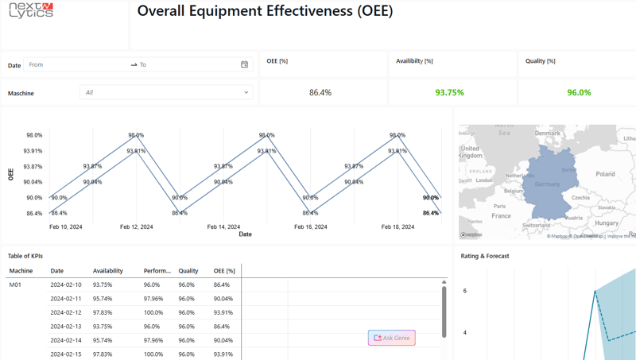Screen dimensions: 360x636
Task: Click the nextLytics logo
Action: (x=31, y=10)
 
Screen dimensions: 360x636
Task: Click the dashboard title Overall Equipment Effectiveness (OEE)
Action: (x=265, y=12)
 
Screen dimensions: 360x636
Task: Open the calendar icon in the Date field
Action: (x=244, y=64)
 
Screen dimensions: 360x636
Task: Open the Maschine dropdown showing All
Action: (x=166, y=93)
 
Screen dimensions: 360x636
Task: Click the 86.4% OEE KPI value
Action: (x=320, y=93)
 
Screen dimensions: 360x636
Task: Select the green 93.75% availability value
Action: (x=449, y=93)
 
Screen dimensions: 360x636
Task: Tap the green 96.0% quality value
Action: (x=578, y=93)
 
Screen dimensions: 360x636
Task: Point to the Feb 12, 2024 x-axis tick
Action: (x=136, y=226)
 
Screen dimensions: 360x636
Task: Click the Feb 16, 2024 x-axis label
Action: (x=310, y=226)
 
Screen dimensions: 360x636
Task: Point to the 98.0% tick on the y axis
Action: (x=33, y=135)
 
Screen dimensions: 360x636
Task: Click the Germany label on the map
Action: (x=547, y=184)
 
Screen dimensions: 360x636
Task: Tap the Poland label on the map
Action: (x=605, y=173)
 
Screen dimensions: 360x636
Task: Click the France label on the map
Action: (x=501, y=215)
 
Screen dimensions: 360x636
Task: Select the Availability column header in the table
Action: (x=107, y=271)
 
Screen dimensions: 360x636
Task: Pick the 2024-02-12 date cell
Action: (x=66, y=312)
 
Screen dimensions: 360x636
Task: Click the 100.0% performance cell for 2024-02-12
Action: (x=153, y=312)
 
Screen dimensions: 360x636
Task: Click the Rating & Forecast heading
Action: (x=485, y=256)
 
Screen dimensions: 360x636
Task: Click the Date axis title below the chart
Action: (x=245, y=234)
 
